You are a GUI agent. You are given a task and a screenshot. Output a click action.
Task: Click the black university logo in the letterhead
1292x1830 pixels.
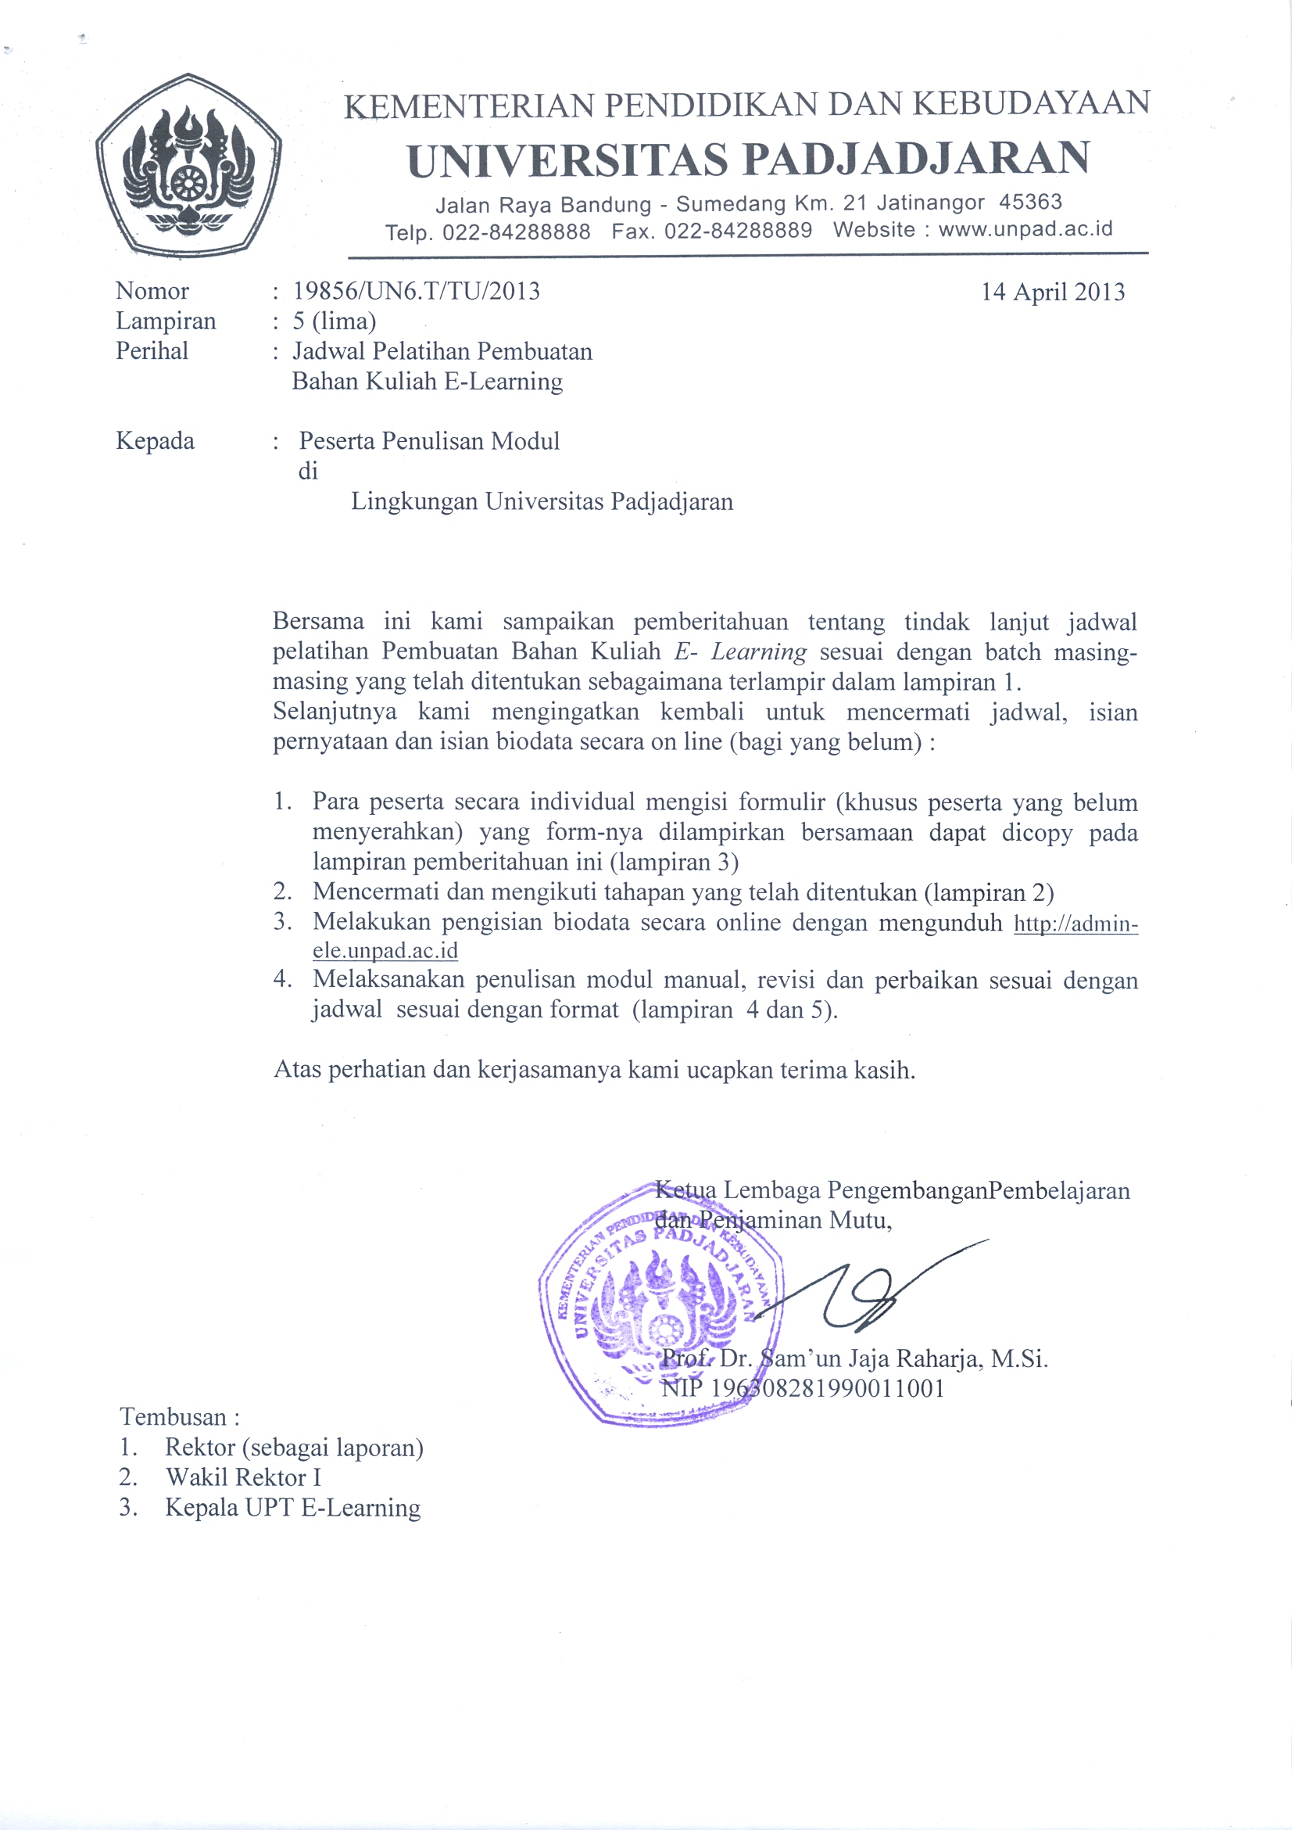(189, 166)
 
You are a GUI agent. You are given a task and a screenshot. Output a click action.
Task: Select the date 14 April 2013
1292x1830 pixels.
(1052, 292)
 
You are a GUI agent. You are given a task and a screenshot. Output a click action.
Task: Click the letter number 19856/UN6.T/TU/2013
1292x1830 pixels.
(417, 291)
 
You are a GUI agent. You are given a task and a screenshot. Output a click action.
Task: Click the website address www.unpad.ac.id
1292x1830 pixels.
(1025, 230)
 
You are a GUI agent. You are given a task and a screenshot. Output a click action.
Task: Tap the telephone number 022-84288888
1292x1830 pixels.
(516, 232)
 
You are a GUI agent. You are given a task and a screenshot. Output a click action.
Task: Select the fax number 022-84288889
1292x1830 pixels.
(738, 231)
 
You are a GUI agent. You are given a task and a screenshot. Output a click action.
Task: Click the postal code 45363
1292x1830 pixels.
(1031, 202)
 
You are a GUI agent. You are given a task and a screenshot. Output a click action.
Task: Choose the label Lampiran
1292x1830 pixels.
(166, 321)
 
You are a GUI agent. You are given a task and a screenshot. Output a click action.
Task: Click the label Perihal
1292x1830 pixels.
(152, 350)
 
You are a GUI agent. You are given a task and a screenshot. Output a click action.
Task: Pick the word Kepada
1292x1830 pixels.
(155, 441)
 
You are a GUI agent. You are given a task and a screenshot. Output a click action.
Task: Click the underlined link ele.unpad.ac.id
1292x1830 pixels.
(385, 951)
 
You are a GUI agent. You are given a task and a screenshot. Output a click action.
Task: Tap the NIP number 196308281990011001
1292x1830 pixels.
(827, 1388)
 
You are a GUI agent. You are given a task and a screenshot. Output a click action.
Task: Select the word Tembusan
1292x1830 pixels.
(174, 1417)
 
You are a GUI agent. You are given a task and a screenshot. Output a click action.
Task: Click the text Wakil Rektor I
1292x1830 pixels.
(243, 1478)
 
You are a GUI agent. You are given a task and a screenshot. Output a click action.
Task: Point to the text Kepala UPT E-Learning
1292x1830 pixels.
(292, 1508)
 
